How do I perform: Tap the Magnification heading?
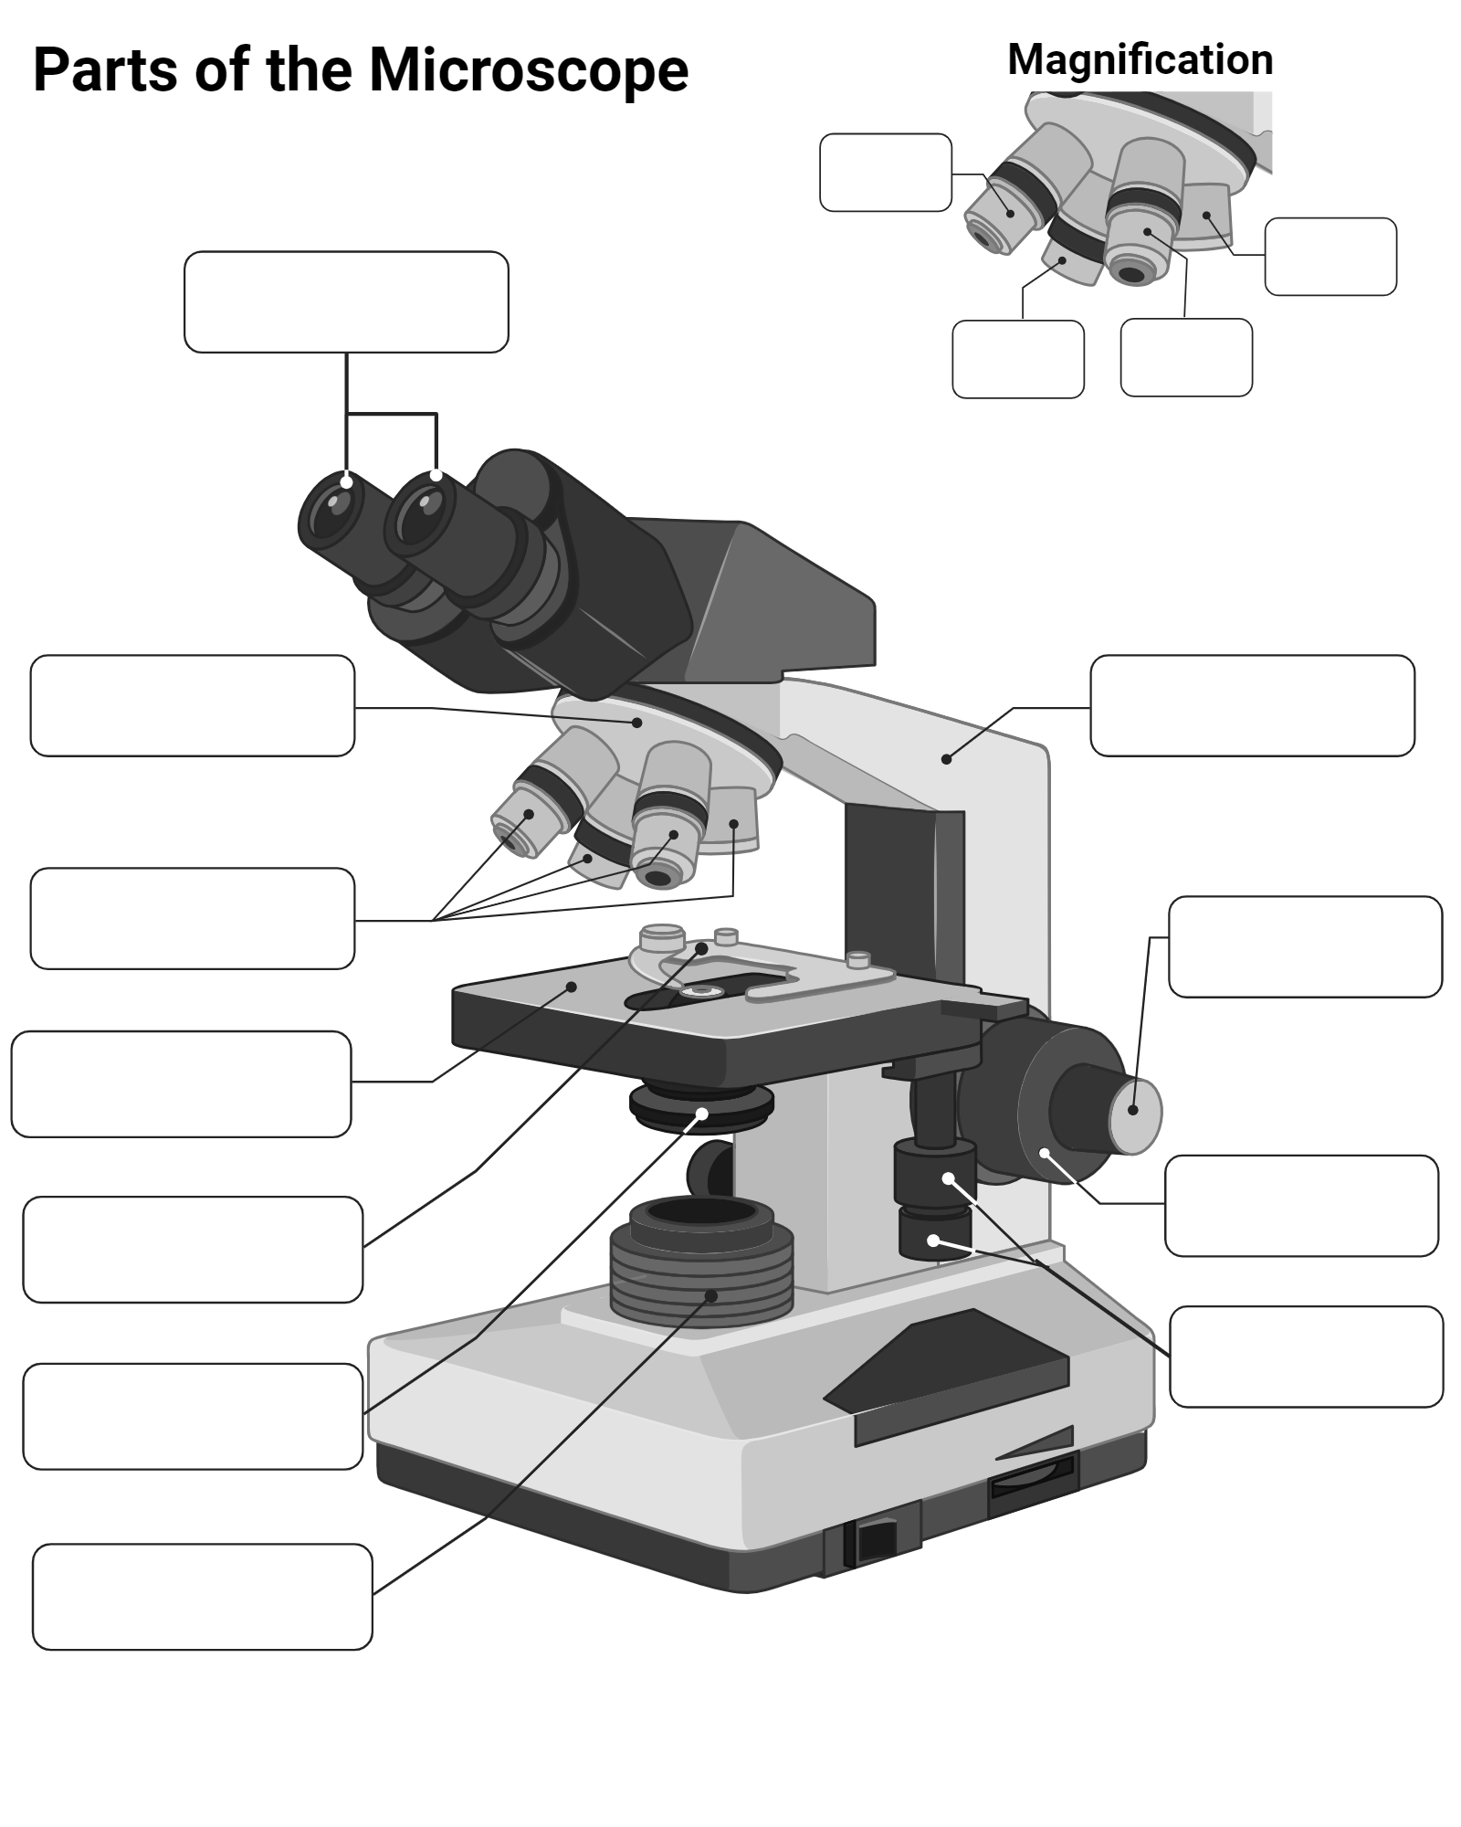coord(1140,60)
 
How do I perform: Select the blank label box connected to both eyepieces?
coord(346,301)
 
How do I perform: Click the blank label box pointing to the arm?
coord(1252,705)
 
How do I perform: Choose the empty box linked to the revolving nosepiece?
coord(192,705)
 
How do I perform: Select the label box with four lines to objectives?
coord(192,918)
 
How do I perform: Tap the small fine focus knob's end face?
coord(1135,1109)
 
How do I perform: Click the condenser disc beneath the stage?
coord(701,1107)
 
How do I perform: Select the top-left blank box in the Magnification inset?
coord(885,173)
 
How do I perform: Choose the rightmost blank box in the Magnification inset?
coord(1330,257)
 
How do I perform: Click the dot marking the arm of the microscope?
coord(946,759)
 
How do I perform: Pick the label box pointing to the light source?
coord(202,1597)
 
